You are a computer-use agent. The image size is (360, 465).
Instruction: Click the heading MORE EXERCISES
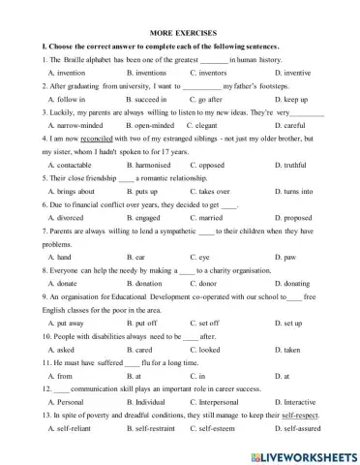point(181,33)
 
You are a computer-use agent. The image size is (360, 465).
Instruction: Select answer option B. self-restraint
point(156,428)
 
